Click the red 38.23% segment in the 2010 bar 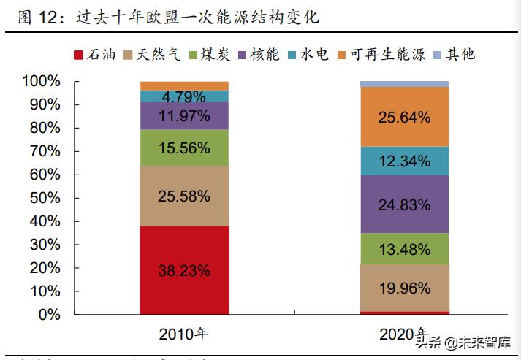click(184, 270)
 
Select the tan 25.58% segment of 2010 click(184, 196)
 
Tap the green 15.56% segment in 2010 click(184, 148)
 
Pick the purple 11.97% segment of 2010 click(184, 115)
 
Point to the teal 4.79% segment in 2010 click(184, 96)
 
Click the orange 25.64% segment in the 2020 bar click(404, 117)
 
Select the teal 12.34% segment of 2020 click(404, 161)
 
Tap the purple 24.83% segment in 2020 click(404, 204)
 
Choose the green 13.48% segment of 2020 click(404, 249)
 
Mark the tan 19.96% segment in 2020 click(404, 287)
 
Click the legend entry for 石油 click(96, 55)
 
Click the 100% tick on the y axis click(41, 81)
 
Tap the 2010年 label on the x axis click(184, 334)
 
